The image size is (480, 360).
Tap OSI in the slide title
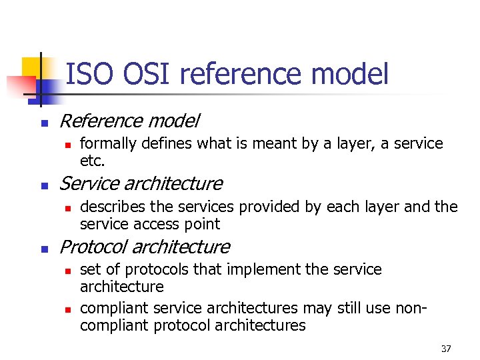point(141,74)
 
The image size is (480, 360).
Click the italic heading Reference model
point(129,121)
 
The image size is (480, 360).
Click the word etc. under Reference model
point(93,161)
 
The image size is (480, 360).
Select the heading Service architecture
point(141,183)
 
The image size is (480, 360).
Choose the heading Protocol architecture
point(145,247)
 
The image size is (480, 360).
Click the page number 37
point(446,349)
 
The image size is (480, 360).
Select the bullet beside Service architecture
point(43,185)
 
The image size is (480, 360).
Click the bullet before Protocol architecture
point(43,248)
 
